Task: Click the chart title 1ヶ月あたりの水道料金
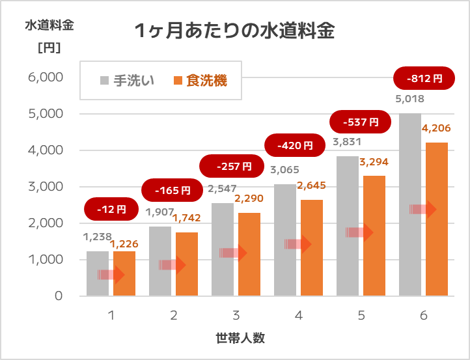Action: (234, 31)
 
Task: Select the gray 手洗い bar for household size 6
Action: (410, 204)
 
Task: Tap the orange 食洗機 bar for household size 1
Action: (124, 273)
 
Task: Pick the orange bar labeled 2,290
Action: (249, 255)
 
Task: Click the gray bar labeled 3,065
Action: (285, 240)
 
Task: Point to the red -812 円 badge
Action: (424, 78)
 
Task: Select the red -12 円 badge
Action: (111, 209)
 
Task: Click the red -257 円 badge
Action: (232, 166)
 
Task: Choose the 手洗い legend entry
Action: (127, 81)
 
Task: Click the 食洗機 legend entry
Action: (200, 81)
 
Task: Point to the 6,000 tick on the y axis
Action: (46, 77)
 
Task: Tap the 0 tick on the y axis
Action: (59, 296)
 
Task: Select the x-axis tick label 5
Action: (361, 315)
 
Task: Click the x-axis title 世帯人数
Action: (240, 338)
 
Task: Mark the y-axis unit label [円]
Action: (49, 48)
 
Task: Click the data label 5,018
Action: (409, 98)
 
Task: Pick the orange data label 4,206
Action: (436, 128)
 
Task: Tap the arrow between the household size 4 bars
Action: (298, 244)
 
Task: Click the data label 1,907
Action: (159, 212)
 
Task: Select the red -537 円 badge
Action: (360, 122)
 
